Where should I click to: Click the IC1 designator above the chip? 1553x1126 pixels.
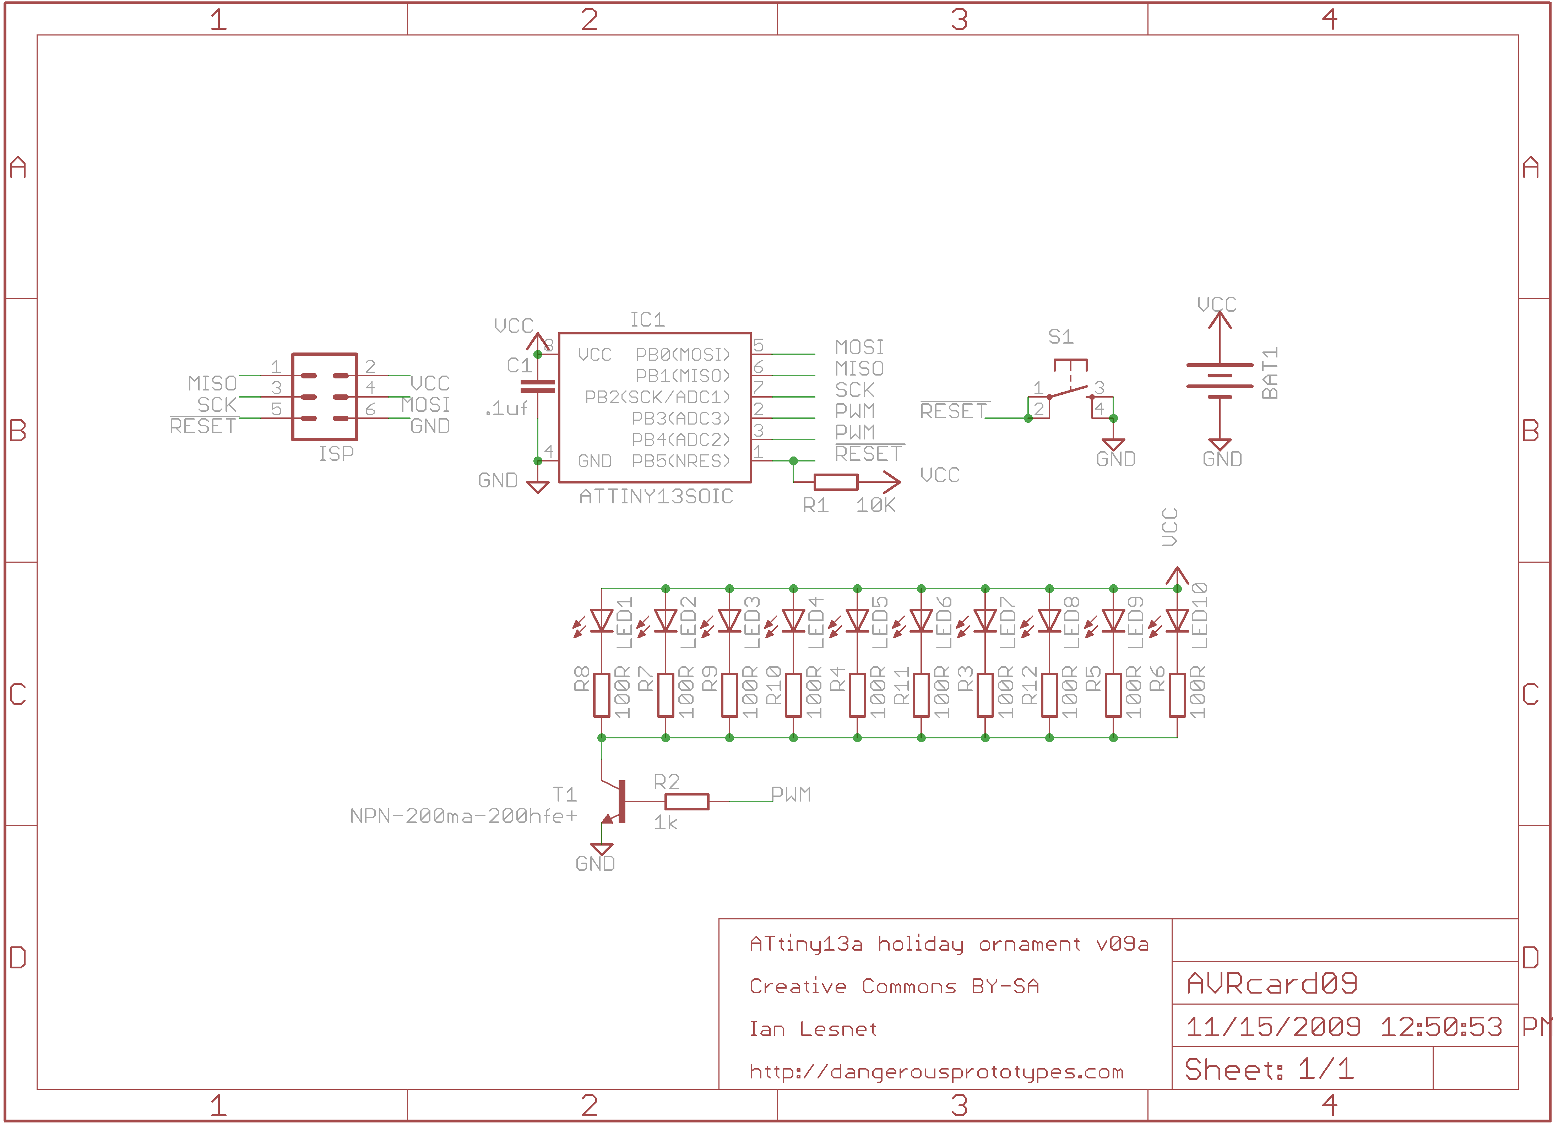(647, 320)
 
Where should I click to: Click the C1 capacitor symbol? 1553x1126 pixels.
(538, 387)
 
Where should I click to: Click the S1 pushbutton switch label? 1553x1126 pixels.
(1061, 337)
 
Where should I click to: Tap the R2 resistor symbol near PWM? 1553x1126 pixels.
(687, 802)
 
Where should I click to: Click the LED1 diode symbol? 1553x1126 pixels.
(601, 621)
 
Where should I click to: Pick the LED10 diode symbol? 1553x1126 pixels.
(1177, 621)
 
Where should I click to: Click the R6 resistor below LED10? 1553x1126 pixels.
(1177, 695)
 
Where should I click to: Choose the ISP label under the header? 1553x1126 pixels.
(336, 454)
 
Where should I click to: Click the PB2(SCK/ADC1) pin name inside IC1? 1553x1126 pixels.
(657, 397)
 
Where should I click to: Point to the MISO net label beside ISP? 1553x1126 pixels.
(212, 383)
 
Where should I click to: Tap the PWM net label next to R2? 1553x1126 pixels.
(791, 795)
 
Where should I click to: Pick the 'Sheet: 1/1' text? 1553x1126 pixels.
(1269, 1069)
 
